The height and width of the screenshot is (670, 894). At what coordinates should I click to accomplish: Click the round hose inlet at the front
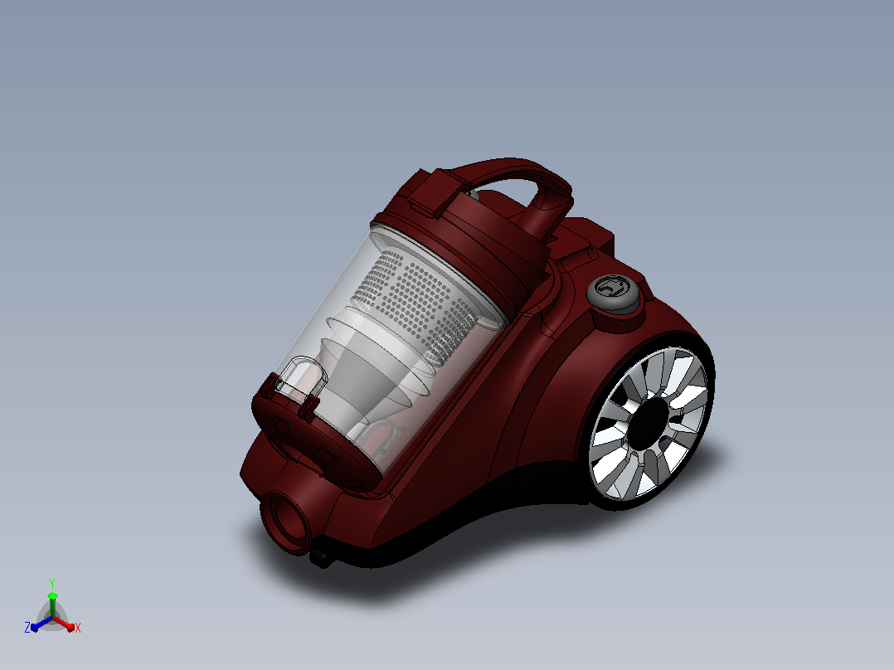[x=286, y=522]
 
